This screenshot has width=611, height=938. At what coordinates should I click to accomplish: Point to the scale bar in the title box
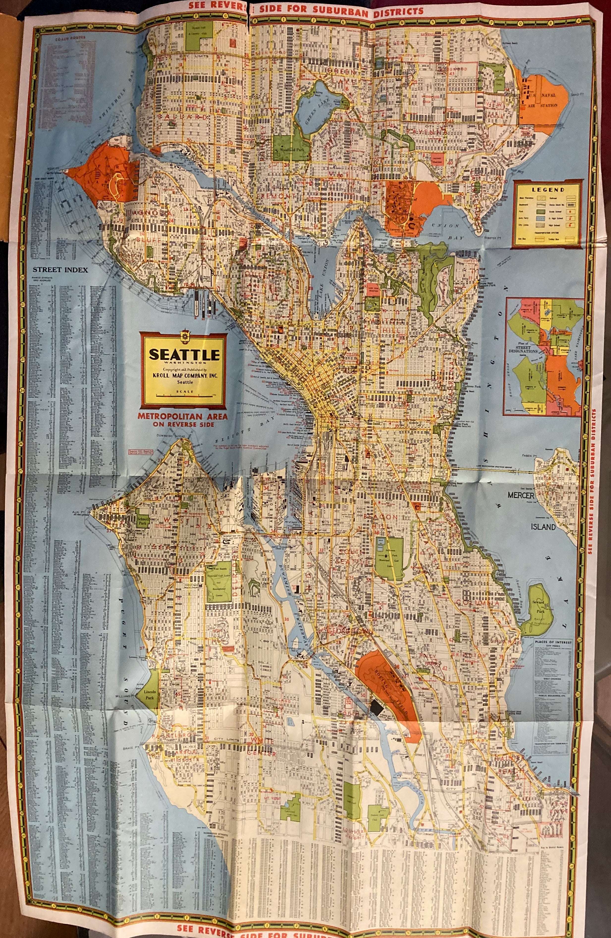point(184,395)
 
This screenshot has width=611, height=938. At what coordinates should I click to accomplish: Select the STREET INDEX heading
point(60,270)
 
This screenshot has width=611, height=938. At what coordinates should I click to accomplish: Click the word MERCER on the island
point(520,495)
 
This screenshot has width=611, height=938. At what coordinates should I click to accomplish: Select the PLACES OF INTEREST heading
point(553,642)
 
